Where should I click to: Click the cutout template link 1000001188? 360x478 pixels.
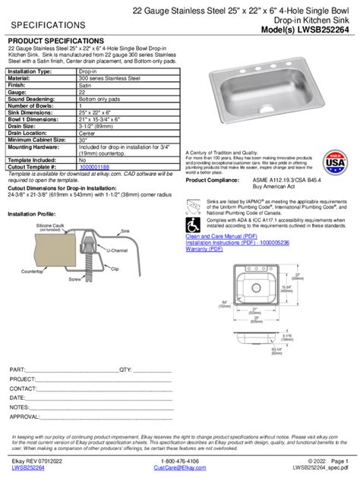[94, 166]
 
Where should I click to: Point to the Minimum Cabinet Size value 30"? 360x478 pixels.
[84, 140]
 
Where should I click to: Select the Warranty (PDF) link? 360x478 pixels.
[207, 248]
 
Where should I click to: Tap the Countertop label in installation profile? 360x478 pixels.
[31, 272]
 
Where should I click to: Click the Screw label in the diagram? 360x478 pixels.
[74, 278]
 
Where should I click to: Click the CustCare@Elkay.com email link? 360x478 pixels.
[180, 468]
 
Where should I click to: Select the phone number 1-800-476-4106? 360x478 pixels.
[180, 461]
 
